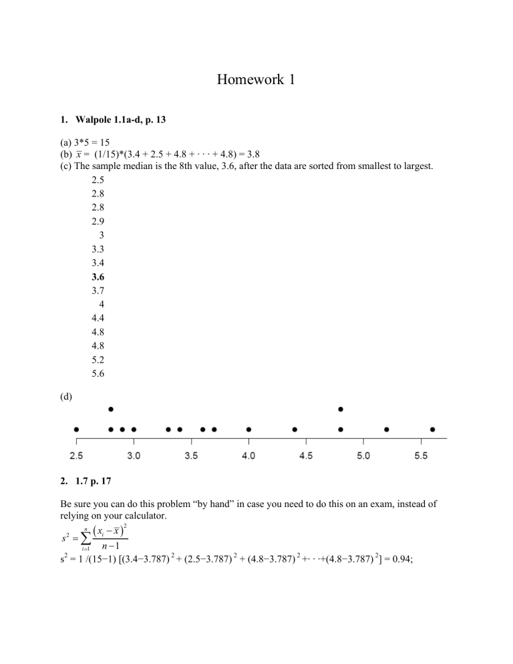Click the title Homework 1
click(x=256, y=81)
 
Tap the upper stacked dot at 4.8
click(x=341, y=409)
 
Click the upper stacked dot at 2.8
click(x=111, y=409)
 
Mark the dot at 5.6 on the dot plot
click(x=432, y=430)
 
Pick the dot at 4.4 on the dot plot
click(x=295, y=430)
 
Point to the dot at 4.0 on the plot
click(x=248, y=430)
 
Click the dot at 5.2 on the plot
click(x=387, y=430)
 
